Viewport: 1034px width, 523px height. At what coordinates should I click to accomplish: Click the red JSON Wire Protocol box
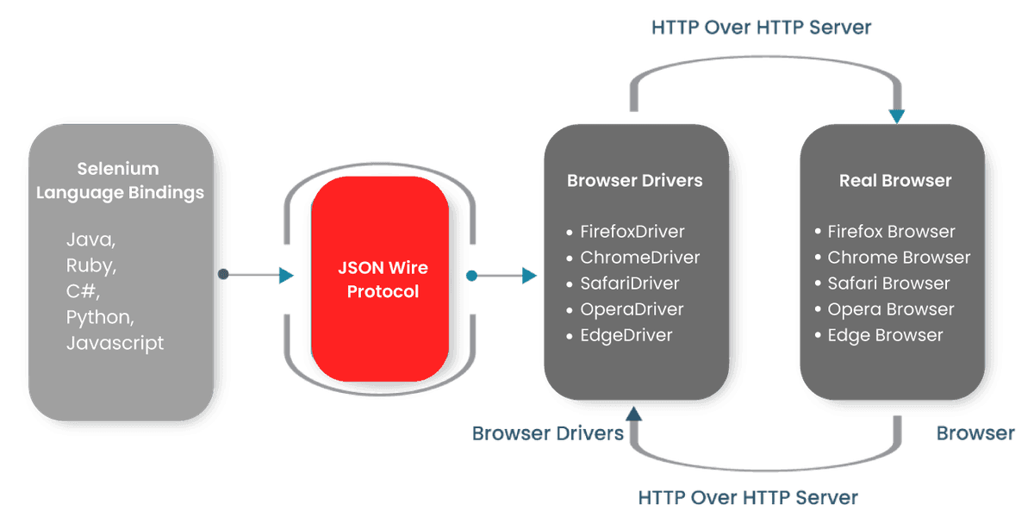coord(380,279)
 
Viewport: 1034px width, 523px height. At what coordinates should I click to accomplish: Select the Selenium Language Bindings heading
coord(120,180)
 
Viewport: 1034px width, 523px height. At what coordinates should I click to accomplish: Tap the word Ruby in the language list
coord(90,266)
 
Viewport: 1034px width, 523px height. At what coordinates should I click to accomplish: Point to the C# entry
coord(83,291)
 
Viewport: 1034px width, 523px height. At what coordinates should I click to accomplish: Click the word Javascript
coord(115,343)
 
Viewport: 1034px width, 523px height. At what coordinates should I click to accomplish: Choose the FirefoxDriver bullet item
coord(632,231)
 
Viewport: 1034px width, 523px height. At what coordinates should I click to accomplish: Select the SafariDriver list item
coord(630,283)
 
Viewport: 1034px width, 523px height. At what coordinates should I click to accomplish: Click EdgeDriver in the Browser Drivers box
coord(626,335)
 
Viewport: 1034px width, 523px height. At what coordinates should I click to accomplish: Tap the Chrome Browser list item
coord(899,257)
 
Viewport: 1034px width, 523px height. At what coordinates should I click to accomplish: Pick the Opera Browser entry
coord(890,309)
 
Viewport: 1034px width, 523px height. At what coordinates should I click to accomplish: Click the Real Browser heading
coord(895,180)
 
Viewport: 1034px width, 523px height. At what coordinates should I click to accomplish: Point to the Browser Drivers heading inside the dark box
coord(635,180)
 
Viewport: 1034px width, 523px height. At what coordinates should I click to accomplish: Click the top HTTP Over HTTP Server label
coord(761,28)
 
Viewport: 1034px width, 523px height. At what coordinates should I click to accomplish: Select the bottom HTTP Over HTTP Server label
coord(748,498)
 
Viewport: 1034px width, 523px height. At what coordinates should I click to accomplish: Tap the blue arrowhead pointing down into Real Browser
coord(897,116)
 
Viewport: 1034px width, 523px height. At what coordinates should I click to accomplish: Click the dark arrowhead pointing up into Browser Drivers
coord(634,414)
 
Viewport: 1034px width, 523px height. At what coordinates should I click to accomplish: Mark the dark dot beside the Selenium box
coord(223,274)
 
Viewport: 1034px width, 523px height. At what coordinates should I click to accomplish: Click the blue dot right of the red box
coord(472,276)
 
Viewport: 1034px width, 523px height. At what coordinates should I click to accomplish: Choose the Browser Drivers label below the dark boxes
coord(547,433)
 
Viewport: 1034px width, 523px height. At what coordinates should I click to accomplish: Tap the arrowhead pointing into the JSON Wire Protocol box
coord(286,275)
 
